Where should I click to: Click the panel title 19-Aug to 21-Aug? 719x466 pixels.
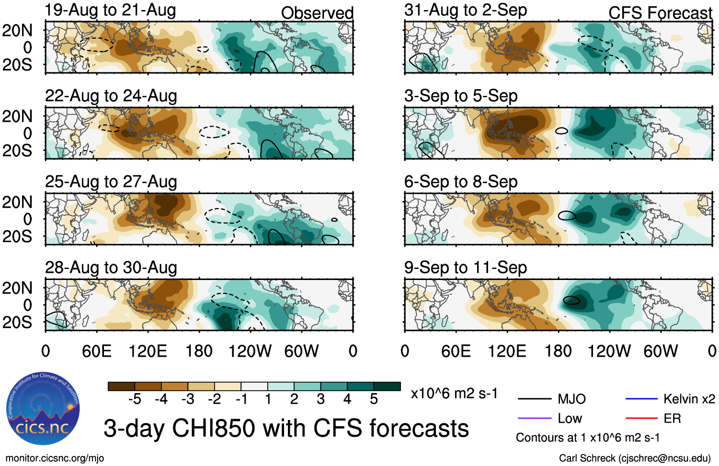click(111, 10)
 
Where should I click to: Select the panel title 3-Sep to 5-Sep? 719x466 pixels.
click(461, 96)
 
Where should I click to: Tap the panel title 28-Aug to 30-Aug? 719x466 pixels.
click(111, 268)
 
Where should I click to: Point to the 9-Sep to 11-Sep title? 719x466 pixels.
click(466, 268)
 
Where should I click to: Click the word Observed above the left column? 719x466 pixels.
click(317, 13)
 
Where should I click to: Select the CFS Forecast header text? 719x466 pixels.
click(661, 13)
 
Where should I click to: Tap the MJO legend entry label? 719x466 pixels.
click(571, 399)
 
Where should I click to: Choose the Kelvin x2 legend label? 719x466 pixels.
click(689, 399)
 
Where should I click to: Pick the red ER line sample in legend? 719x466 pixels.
click(641, 419)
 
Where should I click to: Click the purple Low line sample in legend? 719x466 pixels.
click(535, 419)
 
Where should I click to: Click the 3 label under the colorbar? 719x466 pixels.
click(320, 399)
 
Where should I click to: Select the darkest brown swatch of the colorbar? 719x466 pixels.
click(121, 386)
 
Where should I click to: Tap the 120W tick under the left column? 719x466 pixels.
click(250, 351)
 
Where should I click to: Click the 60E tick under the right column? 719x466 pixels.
click(456, 351)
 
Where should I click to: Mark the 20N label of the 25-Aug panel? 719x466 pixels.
click(18, 202)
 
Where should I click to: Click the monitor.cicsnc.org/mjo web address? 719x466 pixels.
click(55, 458)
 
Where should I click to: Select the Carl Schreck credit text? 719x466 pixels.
click(635, 458)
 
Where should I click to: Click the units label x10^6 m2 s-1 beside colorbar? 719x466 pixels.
click(454, 394)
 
